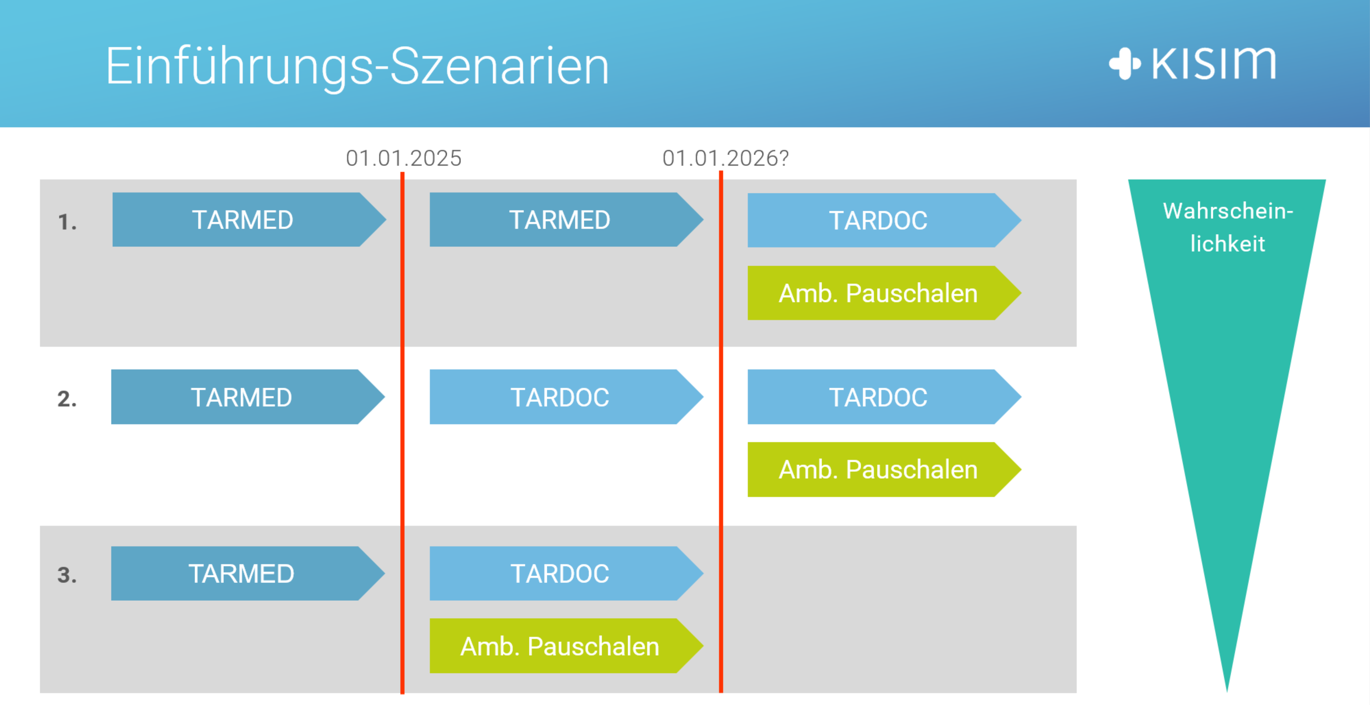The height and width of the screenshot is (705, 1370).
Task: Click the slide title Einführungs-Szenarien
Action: pyautogui.click(x=357, y=66)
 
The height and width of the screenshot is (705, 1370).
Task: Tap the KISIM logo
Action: pyautogui.click(x=1192, y=63)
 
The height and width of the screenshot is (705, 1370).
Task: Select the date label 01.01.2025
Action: pyautogui.click(x=404, y=158)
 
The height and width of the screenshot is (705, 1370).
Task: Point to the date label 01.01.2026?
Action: pyautogui.click(x=725, y=158)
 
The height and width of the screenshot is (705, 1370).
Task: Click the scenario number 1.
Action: pyautogui.click(x=67, y=222)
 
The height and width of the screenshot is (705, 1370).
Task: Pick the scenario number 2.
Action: pyautogui.click(x=67, y=399)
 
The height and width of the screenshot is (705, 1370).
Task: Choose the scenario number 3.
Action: pyautogui.click(x=67, y=575)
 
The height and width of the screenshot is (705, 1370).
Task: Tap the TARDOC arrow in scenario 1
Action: pyautogui.click(x=884, y=220)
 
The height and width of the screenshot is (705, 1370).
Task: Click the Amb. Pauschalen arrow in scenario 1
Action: pyautogui.click(x=884, y=293)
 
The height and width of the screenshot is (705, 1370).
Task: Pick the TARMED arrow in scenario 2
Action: pyautogui.click(x=248, y=397)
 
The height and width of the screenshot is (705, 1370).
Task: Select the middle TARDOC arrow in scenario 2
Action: pyautogui.click(x=566, y=397)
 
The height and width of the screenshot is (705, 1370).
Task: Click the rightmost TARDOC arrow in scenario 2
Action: pyautogui.click(x=884, y=397)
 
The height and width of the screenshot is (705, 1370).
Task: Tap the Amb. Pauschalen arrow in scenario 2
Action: pyautogui.click(x=884, y=469)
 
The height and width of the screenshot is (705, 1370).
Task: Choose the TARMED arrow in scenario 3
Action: pyautogui.click(x=248, y=574)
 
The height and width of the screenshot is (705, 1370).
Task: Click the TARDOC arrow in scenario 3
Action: pyautogui.click(x=566, y=574)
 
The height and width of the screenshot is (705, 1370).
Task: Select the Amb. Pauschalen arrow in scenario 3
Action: pyautogui.click(x=566, y=646)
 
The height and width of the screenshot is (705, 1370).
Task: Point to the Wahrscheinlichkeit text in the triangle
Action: pyautogui.click(x=1227, y=227)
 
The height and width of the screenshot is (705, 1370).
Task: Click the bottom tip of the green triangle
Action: pyautogui.click(x=1227, y=692)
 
